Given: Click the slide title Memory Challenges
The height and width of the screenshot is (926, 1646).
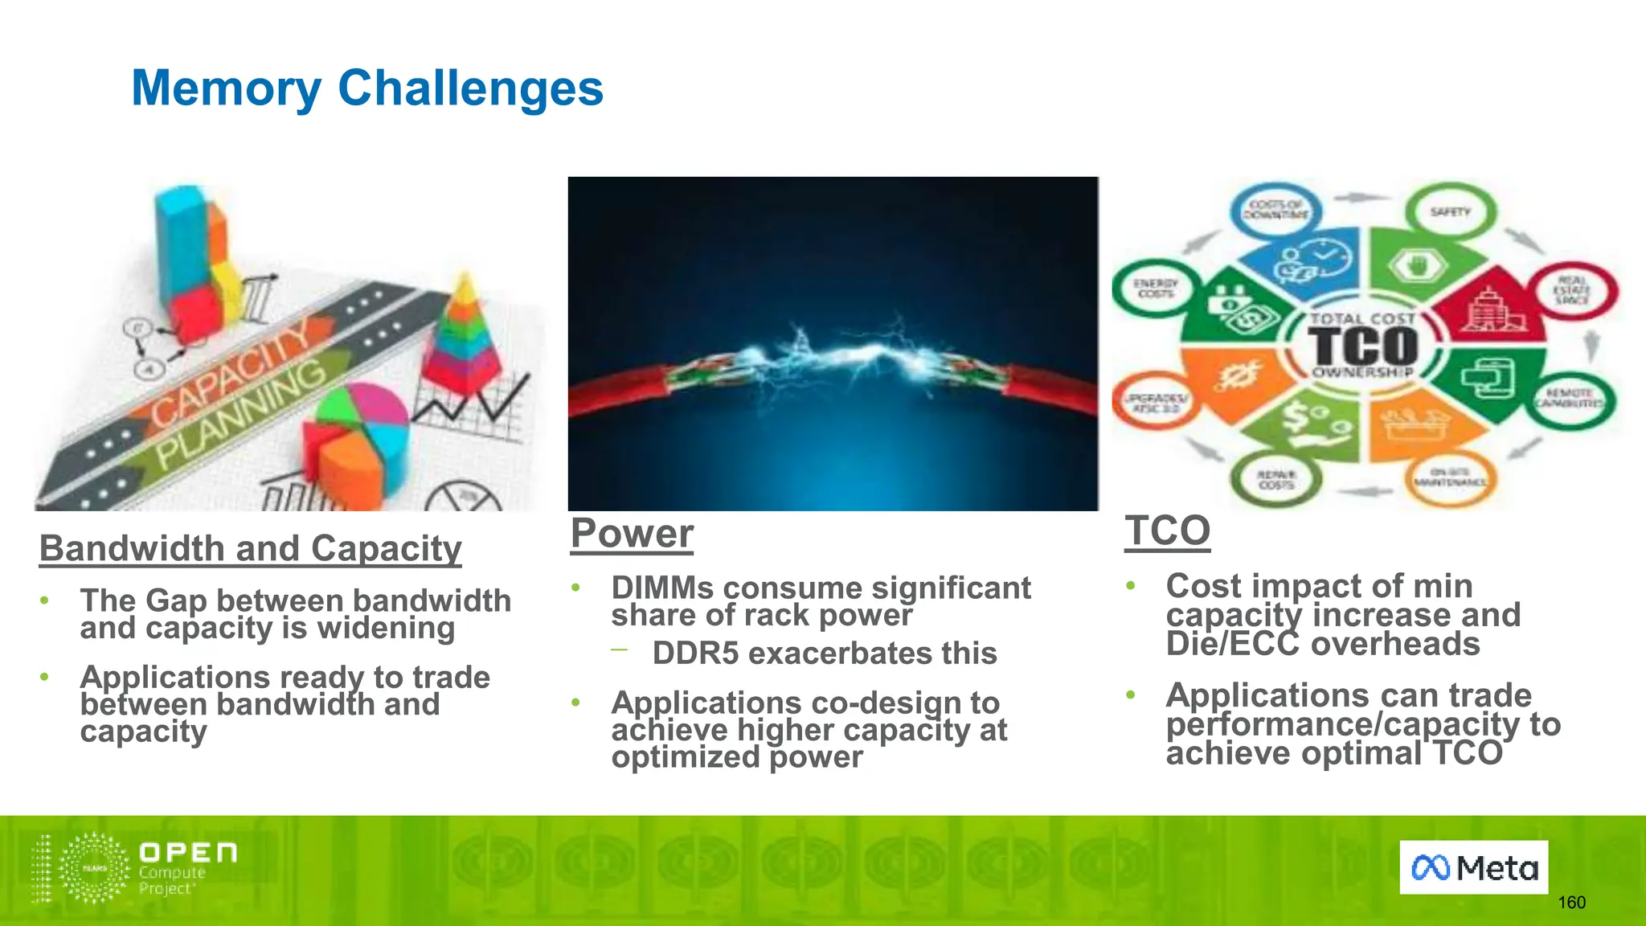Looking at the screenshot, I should (x=366, y=88).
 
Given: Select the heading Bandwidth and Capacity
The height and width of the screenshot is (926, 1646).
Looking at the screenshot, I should (x=250, y=548).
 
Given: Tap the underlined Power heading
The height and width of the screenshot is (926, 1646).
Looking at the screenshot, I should (x=632, y=534).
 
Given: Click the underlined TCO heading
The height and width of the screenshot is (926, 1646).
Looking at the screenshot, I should (x=1167, y=531).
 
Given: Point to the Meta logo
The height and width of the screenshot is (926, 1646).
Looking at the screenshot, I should (x=1473, y=867).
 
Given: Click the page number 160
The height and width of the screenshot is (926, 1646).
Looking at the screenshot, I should (x=1571, y=902).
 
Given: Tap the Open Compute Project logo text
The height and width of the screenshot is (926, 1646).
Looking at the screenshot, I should (x=187, y=867).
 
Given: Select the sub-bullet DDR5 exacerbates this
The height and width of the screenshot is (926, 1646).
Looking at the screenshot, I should (x=824, y=653).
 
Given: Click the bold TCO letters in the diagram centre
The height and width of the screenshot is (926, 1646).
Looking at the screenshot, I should (x=1364, y=346).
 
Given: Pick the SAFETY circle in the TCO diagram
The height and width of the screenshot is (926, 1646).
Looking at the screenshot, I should (x=1450, y=212).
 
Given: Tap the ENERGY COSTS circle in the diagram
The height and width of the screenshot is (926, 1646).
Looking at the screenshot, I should (x=1155, y=289).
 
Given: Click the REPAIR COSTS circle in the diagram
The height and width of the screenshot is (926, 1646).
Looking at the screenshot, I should (x=1276, y=481).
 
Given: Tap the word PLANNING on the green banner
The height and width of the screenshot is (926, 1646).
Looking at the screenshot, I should (x=241, y=415).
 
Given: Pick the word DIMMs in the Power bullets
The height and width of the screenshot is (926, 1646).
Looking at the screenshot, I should (x=661, y=588).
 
